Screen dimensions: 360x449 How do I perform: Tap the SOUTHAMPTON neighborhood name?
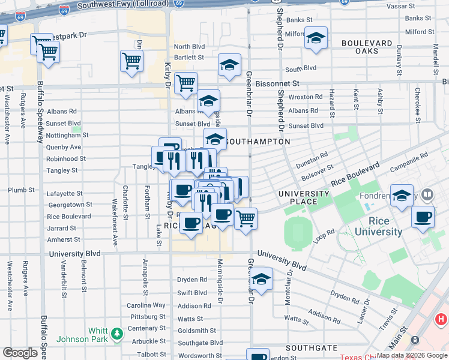(258, 142)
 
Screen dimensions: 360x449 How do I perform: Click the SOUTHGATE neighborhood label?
(311, 348)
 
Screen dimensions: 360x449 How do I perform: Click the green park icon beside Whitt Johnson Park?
(116, 332)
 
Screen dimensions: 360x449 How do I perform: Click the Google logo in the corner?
(20, 352)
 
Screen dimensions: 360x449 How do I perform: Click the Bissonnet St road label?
(278, 83)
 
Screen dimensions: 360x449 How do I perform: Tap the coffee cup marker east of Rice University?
(423, 217)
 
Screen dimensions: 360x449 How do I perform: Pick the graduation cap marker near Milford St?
(316, 38)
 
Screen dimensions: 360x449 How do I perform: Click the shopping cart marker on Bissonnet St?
(185, 83)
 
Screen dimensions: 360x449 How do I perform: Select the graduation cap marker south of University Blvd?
(261, 279)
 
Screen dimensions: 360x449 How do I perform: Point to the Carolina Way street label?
(146, 305)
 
